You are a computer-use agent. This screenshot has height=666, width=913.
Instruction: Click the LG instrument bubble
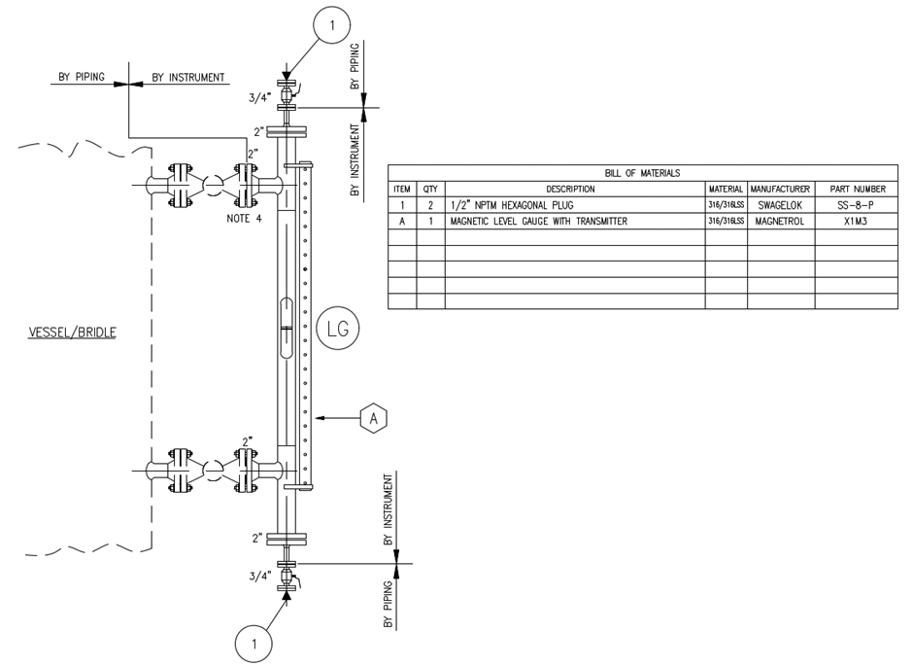[338, 329]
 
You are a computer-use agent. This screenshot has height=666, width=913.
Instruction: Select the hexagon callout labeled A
[374, 418]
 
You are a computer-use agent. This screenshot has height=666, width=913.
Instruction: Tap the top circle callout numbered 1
[332, 25]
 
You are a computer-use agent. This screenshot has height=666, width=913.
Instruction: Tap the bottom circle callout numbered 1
[254, 644]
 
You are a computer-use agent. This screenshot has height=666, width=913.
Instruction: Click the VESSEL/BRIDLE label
[73, 333]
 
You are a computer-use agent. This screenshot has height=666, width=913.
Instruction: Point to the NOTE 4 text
[244, 219]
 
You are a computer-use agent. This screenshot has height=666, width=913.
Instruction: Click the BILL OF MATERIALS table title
[642, 173]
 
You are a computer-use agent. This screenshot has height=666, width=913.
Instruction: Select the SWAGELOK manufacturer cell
[780, 205]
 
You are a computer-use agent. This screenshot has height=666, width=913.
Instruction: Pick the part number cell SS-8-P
[856, 205]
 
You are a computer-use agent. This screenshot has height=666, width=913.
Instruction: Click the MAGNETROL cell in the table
[780, 222]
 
